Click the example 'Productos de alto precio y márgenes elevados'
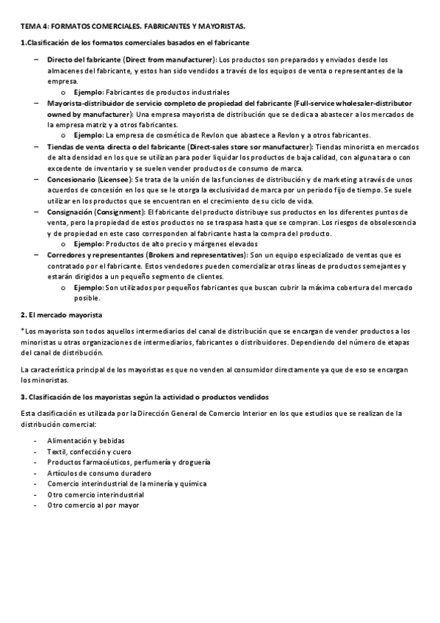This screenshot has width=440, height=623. tap(181, 244)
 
